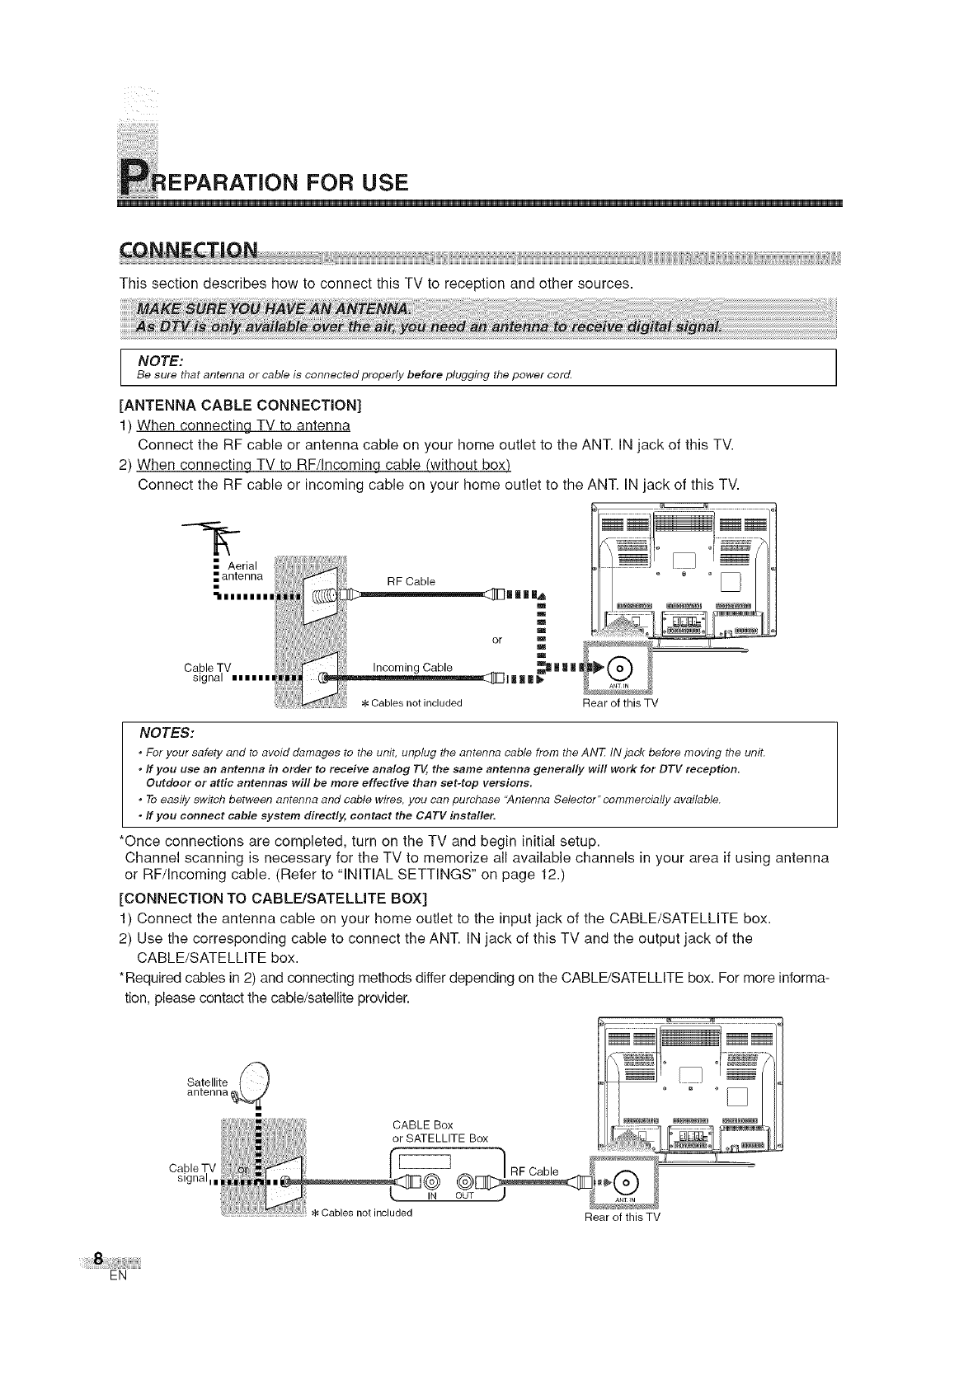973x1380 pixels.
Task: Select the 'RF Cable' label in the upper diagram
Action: click(x=411, y=581)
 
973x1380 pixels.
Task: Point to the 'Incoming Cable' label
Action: click(x=413, y=667)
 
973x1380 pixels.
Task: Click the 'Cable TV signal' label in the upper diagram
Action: click(x=211, y=672)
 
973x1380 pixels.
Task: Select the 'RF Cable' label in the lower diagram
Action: click(x=534, y=1171)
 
